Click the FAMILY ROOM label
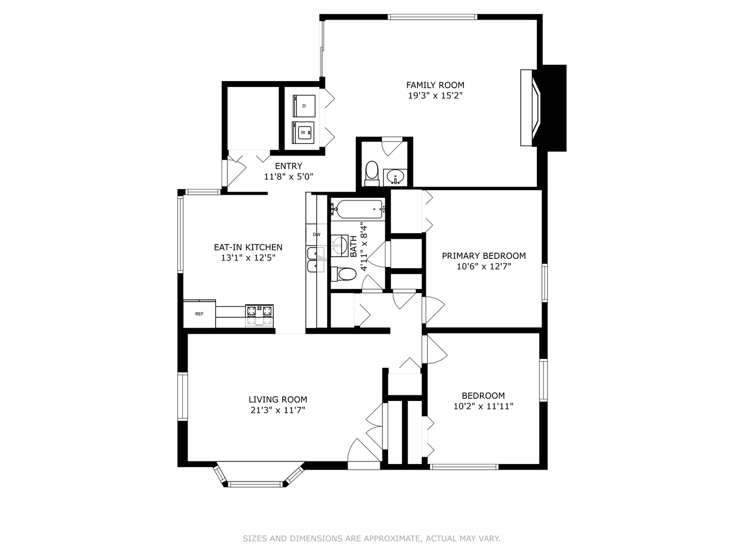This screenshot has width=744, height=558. coord(435,85)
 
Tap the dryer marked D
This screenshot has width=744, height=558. coord(304,106)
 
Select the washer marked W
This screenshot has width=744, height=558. coord(303,133)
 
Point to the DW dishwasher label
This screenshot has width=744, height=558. coord(316,235)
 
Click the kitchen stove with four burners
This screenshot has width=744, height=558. coord(259,315)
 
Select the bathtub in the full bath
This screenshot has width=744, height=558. coord(358,209)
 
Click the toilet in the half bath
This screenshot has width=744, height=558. coord(371,172)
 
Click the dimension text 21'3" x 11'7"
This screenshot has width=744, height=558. coord(277,410)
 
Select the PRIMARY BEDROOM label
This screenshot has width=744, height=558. coord(484,255)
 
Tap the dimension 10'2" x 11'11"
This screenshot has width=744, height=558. coord(483,406)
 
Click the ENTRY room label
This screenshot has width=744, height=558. coord(288,166)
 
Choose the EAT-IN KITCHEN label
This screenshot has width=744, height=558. coord(248,247)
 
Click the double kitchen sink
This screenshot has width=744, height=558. coord(314,260)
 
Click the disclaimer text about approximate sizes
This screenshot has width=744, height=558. coord(371,538)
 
